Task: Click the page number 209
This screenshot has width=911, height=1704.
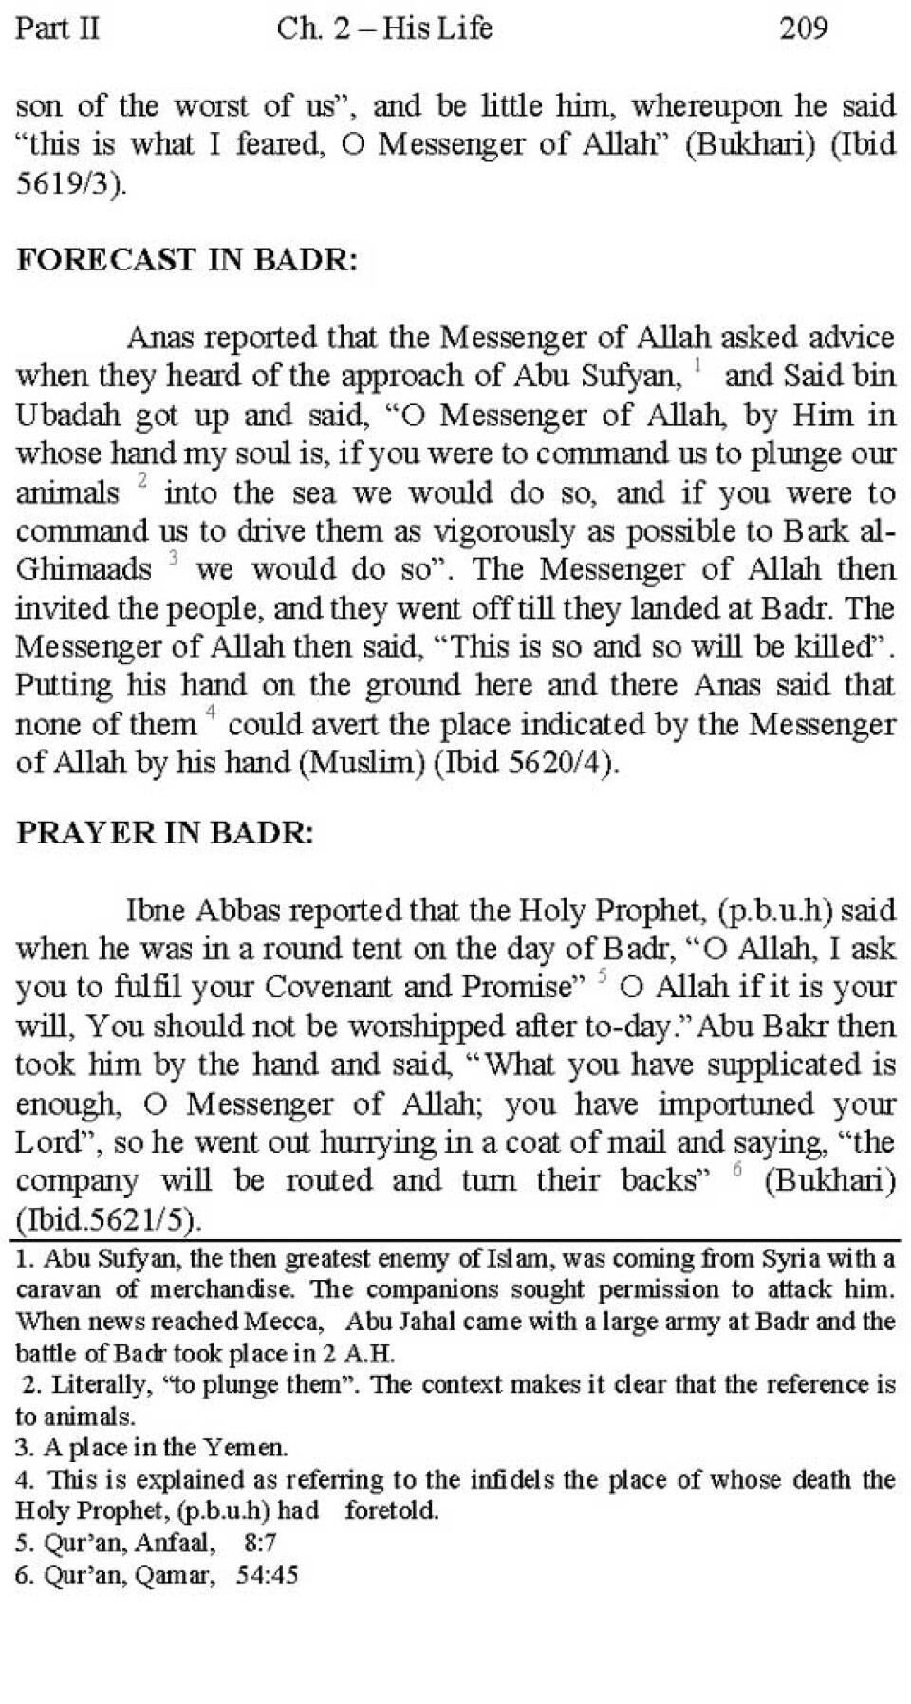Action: tap(803, 28)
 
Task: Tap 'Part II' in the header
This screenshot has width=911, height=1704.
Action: tap(57, 28)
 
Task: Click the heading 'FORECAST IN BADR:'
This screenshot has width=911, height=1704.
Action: tap(187, 259)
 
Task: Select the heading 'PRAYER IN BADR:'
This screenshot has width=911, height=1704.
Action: tap(164, 832)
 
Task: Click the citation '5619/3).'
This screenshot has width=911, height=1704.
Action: tap(70, 183)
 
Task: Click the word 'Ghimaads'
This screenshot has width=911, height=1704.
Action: tap(84, 569)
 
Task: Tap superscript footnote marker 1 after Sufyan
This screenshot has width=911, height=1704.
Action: tap(697, 365)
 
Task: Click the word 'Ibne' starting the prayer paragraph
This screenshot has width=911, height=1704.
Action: tap(158, 911)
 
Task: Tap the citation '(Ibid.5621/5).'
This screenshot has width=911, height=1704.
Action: tap(109, 1220)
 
